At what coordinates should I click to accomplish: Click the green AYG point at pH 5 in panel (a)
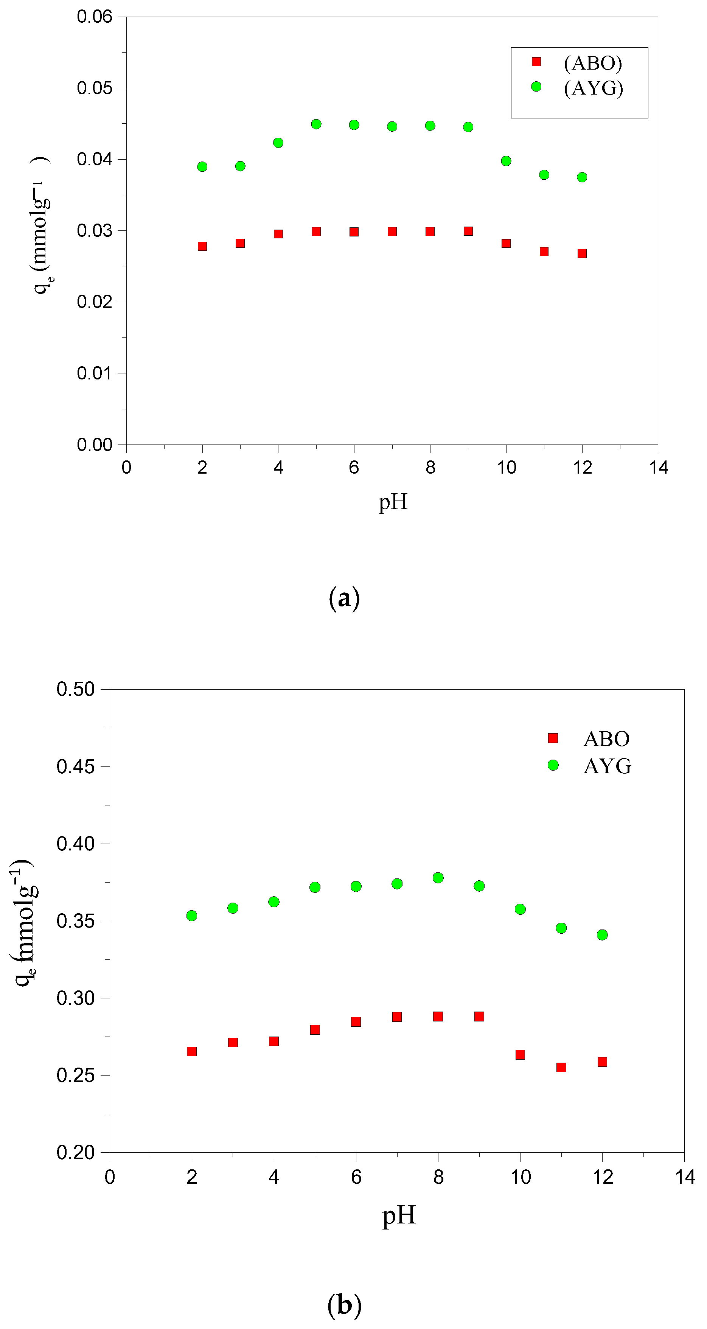(x=316, y=124)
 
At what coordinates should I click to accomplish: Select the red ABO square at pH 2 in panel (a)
(x=202, y=246)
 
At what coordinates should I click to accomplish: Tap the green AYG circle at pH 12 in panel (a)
(x=582, y=177)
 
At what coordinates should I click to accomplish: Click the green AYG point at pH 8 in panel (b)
(x=438, y=878)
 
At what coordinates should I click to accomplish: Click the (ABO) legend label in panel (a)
(x=593, y=63)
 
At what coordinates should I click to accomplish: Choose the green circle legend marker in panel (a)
(x=536, y=87)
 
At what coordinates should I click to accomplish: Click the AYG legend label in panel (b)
(x=607, y=766)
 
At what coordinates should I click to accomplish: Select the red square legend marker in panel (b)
(x=553, y=738)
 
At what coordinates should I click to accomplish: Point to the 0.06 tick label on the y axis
(x=95, y=17)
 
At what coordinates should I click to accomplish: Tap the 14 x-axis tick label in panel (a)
(x=659, y=468)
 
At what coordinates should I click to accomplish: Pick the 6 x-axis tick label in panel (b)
(x=356, y=1177)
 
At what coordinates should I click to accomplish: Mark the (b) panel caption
(x=344, y=1305)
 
